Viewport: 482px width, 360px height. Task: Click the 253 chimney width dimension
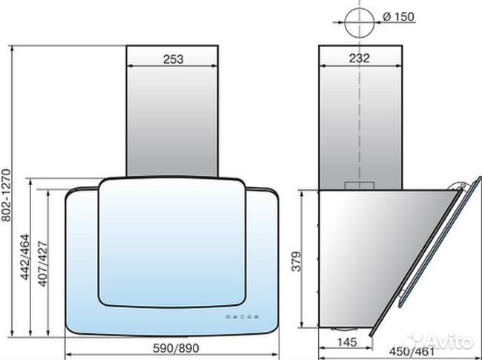click(174, 59)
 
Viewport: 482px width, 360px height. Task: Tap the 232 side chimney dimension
click(360, 58)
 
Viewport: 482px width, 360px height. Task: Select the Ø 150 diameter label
click(399, 16)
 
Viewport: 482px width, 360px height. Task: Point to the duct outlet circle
click(360, 22)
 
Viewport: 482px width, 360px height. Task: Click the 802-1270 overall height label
click(6, 195)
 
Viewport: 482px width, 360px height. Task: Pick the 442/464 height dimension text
click(24, 258)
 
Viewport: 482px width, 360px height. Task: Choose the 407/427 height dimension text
click(43, 264)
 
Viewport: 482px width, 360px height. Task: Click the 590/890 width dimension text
click(176, 348)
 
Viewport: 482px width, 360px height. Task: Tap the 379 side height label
click(297, 261)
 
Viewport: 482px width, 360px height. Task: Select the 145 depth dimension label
click(347, 342)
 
